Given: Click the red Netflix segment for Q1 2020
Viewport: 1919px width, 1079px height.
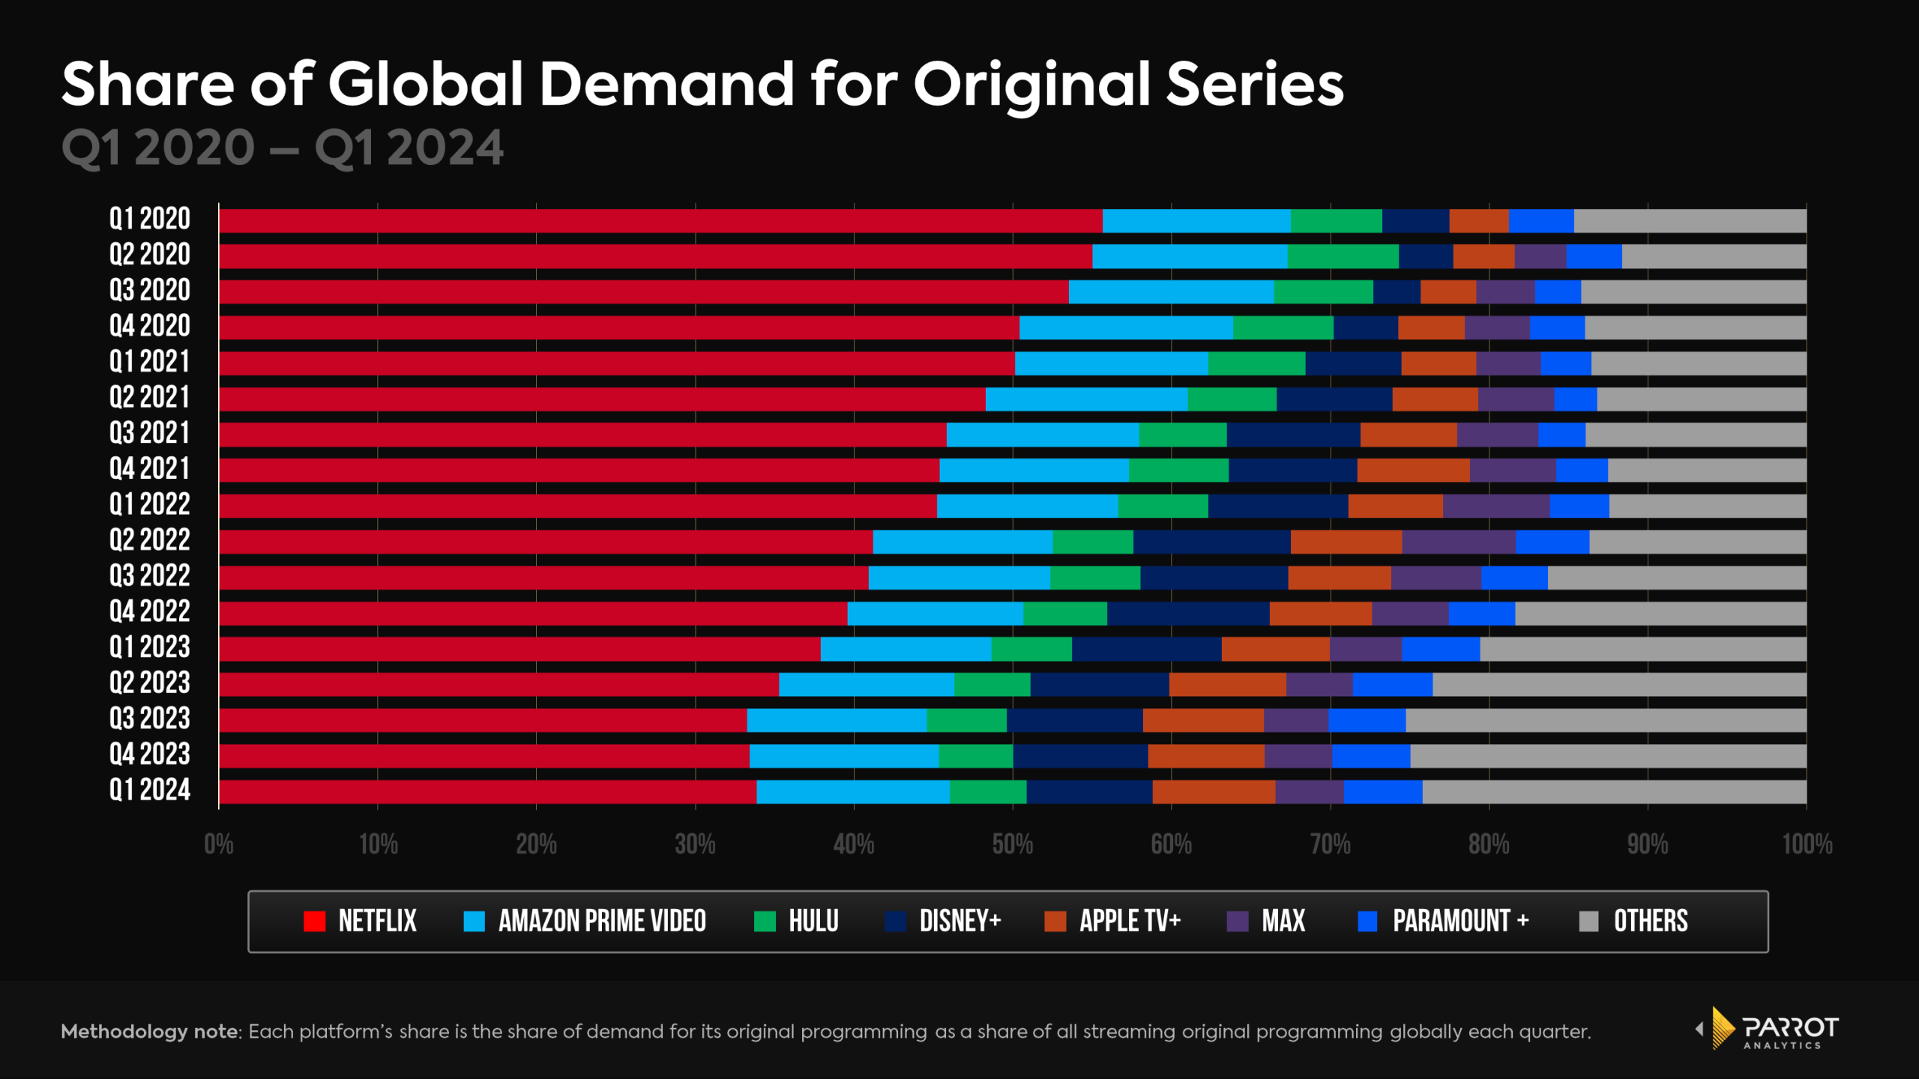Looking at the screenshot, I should [x=660, y=221].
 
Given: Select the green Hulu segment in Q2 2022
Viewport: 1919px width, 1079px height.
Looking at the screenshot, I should [x=1093, y=542].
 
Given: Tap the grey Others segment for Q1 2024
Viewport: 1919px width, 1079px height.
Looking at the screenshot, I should [x=1614, y=792].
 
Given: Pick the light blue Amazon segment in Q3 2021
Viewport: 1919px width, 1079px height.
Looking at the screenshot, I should [x=1042, y=435].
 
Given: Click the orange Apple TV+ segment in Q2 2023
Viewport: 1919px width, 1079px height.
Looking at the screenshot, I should [x=1227, y=685].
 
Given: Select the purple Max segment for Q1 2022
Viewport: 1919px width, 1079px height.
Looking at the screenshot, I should [x=1495, y=507].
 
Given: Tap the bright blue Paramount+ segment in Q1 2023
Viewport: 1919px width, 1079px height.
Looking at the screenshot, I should [x=1441, y=649].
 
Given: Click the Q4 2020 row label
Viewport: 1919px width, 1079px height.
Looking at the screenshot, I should [x=150, y=327].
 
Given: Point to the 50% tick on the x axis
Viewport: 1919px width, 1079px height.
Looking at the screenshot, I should [x=1013, y=844].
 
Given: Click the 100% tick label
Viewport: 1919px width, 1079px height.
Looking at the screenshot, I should [x=1807, y=844].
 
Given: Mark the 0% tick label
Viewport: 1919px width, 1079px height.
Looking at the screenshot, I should [x=219, y=844].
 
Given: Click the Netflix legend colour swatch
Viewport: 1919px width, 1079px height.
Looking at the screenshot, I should [x=314, y=921].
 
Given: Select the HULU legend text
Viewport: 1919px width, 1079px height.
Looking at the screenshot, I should [x=813, y=921].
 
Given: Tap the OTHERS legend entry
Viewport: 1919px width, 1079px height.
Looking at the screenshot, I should [x=1650, y=921].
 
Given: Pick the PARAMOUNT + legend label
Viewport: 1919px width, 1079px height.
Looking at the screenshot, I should [x=1460, y=921].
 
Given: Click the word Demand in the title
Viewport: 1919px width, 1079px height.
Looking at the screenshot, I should [x=666, y=84].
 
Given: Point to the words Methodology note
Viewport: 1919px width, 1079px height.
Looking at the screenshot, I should [x=150, y=1032].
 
